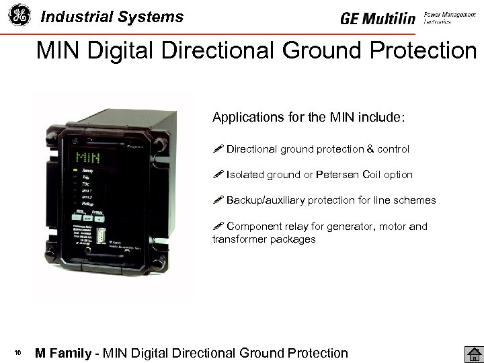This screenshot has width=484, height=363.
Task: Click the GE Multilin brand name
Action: click(378, 19)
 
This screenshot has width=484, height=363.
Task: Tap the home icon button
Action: click(473, 354)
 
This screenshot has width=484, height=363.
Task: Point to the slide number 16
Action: click(18, 354)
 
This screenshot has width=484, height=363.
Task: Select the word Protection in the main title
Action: click(419, 50)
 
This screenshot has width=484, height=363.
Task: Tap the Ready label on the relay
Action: click(87, 171)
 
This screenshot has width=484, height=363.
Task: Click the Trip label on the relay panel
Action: click(85, 178)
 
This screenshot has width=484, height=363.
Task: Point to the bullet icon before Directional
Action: click(217, 149)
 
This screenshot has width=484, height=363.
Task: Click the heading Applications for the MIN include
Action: click(309, 118)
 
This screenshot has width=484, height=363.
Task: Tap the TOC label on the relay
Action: click(85, 184)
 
